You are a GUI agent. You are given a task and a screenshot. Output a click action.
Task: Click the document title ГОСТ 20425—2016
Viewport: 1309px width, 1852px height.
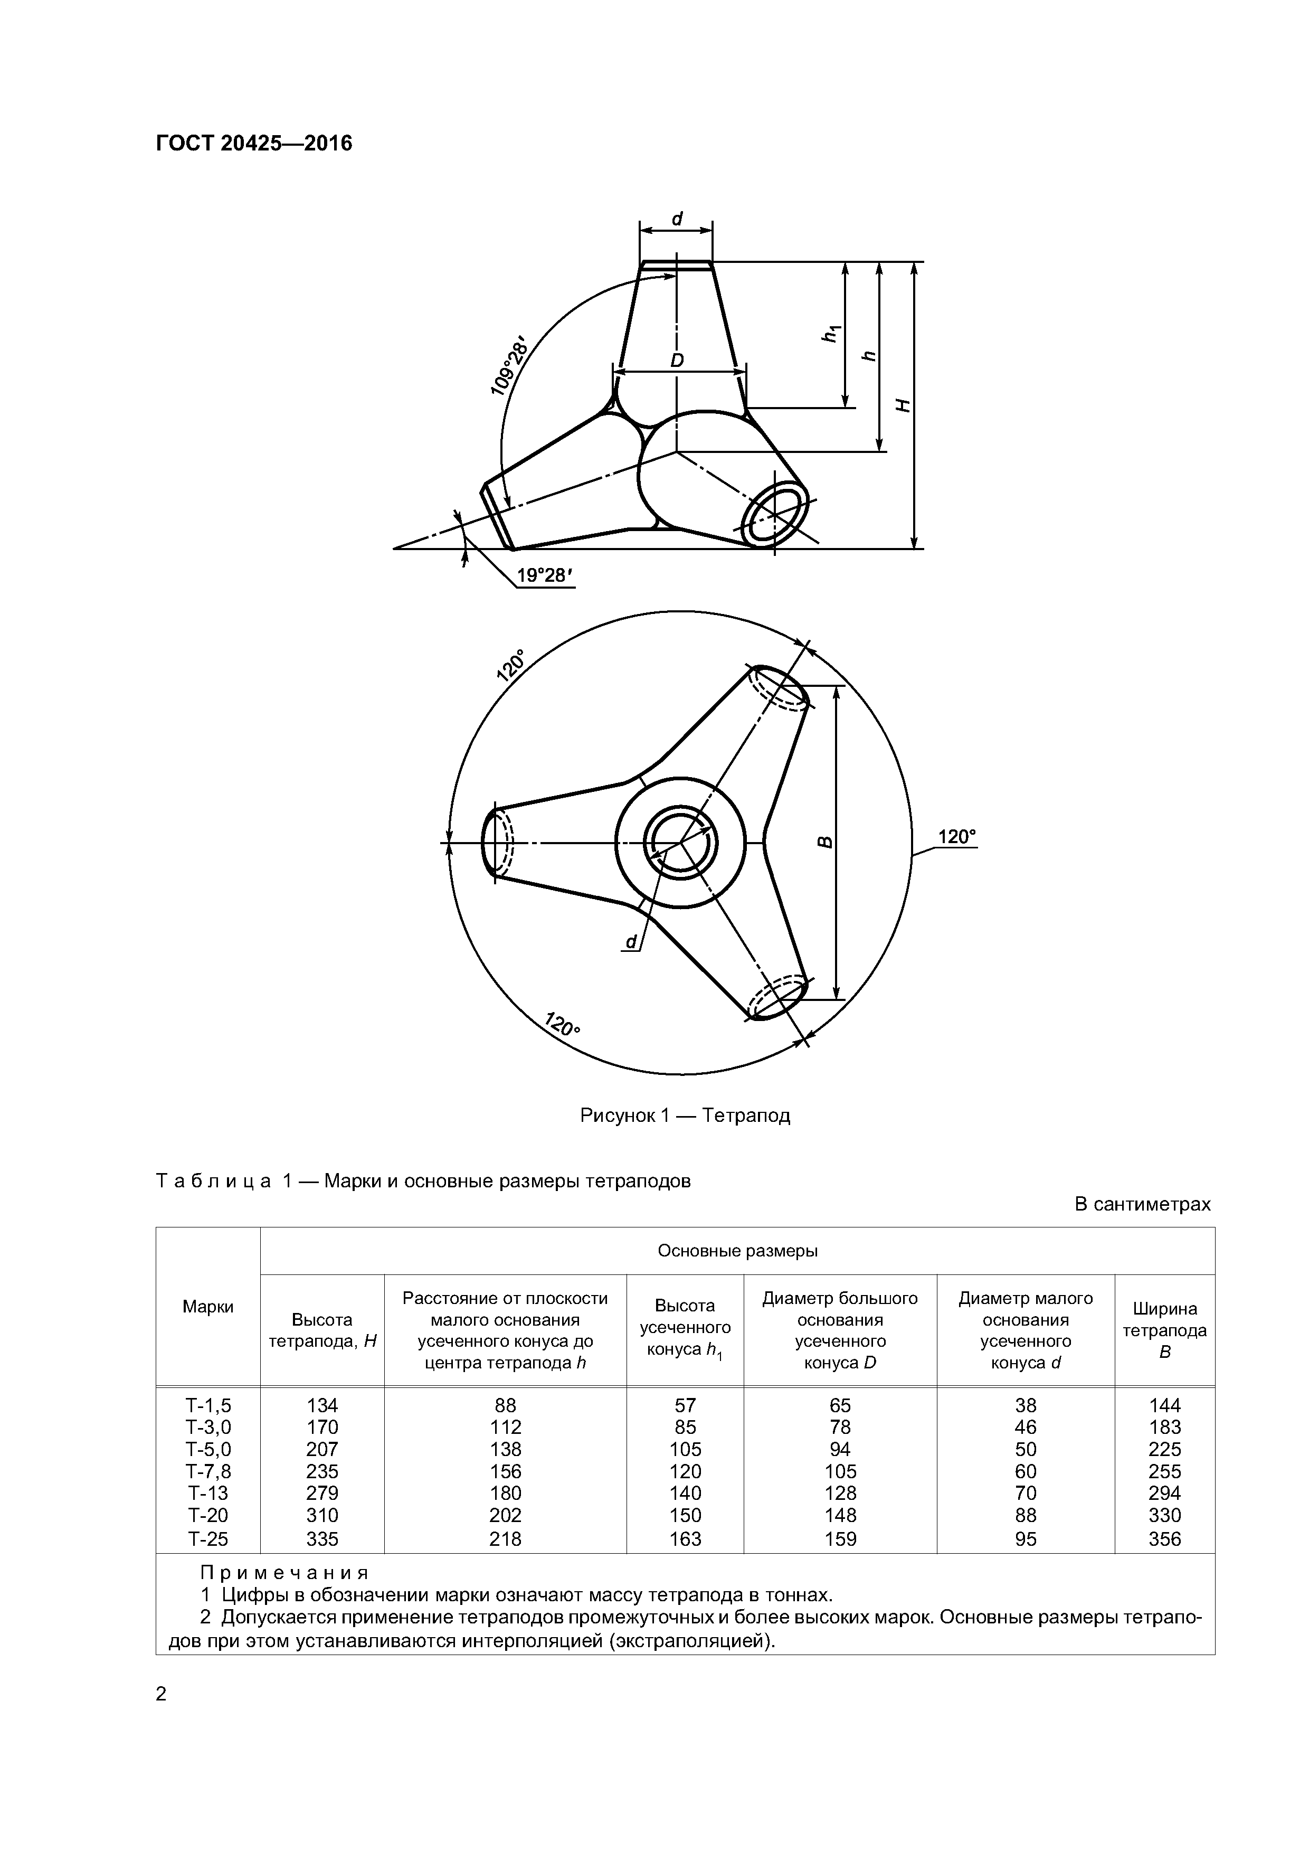[254, 144]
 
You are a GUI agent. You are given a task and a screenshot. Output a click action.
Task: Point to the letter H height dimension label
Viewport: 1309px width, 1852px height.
[904, 406]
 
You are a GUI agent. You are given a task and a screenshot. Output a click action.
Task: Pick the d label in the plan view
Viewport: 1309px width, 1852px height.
[631, 941]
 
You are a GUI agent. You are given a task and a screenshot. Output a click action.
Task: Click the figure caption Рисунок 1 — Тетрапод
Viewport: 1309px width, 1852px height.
[685, 1116]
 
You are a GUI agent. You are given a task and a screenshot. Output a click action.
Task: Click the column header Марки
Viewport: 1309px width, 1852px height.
[208, 1306]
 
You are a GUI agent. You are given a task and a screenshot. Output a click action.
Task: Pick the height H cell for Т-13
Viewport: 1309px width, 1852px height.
[322, 1493]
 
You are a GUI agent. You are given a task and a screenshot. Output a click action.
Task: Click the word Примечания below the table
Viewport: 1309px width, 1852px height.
[284, 1572]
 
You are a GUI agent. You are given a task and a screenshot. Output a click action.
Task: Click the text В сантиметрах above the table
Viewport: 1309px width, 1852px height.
[1142, 1204]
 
